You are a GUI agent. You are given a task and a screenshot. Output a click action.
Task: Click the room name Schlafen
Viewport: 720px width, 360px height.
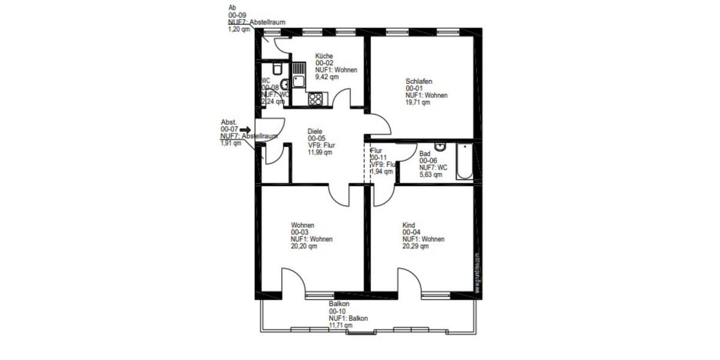[419, 82]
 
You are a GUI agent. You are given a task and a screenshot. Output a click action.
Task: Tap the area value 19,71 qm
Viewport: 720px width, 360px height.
[418, 103]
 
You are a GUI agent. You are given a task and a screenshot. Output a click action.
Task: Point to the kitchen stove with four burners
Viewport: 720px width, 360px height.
[315, 99]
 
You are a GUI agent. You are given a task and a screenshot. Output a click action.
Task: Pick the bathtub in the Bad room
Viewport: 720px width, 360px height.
[464, 161]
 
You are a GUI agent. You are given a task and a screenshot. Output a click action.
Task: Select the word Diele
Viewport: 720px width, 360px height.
[315, 131]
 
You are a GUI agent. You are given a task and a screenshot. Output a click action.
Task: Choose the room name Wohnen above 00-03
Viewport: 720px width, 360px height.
[303, 226]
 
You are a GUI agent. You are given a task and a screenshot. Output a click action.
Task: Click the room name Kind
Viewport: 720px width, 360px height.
[408, 226]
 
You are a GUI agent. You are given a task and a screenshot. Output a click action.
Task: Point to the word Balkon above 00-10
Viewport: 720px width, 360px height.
[339, 304]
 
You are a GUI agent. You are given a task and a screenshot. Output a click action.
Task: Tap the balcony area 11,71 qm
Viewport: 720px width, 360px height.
[341, 325]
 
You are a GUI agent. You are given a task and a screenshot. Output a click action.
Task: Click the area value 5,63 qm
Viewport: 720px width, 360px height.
[430, 175]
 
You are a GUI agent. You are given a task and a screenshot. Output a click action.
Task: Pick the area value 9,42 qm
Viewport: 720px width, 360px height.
[328, 77]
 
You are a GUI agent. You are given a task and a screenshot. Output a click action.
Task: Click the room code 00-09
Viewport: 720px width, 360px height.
[237, 15]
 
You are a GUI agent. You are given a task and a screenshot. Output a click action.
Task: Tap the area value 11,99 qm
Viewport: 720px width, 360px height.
[320, 152]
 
